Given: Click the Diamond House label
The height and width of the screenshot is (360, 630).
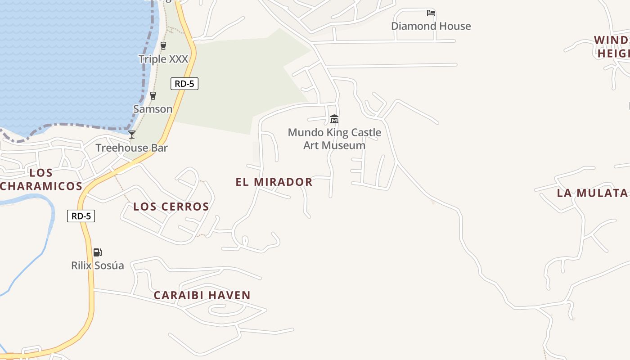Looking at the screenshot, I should click(431, 26).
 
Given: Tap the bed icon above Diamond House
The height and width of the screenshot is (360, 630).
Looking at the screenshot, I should click(431, 13).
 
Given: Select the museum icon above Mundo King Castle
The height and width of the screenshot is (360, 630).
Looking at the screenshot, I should click(334, 119).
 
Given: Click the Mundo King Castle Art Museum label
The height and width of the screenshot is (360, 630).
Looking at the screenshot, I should click(334, 139).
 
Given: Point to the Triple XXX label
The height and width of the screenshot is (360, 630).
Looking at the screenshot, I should click(163, 59).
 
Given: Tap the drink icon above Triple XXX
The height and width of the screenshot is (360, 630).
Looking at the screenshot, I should click(163, 45).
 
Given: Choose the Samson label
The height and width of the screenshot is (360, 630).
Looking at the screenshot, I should click(153, 109).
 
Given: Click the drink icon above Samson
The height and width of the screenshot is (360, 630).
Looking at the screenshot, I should click(153, 95).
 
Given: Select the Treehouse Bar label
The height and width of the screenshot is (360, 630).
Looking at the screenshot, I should click(131, 148).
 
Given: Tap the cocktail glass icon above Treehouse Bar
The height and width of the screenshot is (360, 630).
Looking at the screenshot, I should click(132, 134).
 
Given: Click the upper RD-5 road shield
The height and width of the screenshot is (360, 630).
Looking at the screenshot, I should click(184, 84).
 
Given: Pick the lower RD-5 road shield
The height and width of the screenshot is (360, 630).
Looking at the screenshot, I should click(81, 216).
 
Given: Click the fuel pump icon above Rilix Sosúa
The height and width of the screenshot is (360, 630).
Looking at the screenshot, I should click(98, 252).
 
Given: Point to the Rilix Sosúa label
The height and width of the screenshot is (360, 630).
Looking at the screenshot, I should click(97, 265).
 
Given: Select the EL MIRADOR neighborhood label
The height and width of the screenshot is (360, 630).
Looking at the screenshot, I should click(274, 182).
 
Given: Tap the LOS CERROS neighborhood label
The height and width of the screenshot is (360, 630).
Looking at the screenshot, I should click(171, 207).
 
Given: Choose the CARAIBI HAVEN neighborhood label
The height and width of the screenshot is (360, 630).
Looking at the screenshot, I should click(202, 295).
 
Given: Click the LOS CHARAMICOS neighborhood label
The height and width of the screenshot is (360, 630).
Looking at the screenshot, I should click(41, 179).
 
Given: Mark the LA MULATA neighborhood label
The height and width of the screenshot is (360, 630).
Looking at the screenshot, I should click(592, 193).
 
